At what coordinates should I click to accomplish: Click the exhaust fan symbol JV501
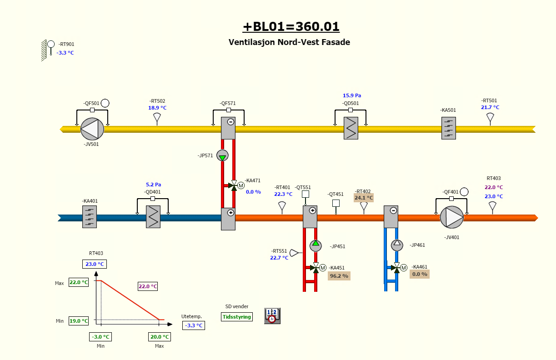92,129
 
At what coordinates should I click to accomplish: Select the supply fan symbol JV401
451,217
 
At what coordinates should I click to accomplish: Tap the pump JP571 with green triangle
222,155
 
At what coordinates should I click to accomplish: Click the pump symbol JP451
316,245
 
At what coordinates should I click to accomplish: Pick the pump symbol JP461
397,245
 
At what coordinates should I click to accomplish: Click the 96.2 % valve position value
339,275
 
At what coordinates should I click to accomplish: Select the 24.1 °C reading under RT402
364,198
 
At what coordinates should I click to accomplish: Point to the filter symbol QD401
153,217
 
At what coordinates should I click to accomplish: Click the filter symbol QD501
351,128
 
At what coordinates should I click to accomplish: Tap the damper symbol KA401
90,217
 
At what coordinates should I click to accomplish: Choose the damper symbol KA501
449,128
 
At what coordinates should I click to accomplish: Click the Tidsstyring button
237,317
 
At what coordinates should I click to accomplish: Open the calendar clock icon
272,315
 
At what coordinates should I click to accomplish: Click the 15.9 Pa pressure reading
352,95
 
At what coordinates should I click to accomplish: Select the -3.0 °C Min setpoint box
100,337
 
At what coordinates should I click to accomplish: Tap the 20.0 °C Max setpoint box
160,337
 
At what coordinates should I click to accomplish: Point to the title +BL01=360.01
291,27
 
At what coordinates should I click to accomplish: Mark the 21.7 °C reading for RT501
490,107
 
